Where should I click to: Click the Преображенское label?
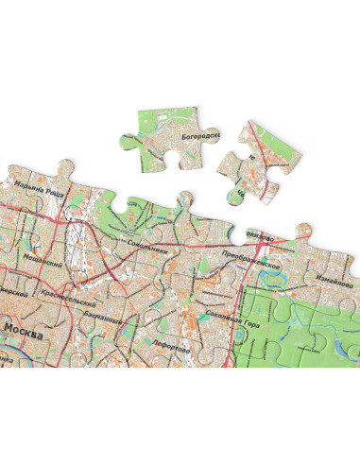pos(252,261)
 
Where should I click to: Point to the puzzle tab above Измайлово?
pos(304,231)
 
